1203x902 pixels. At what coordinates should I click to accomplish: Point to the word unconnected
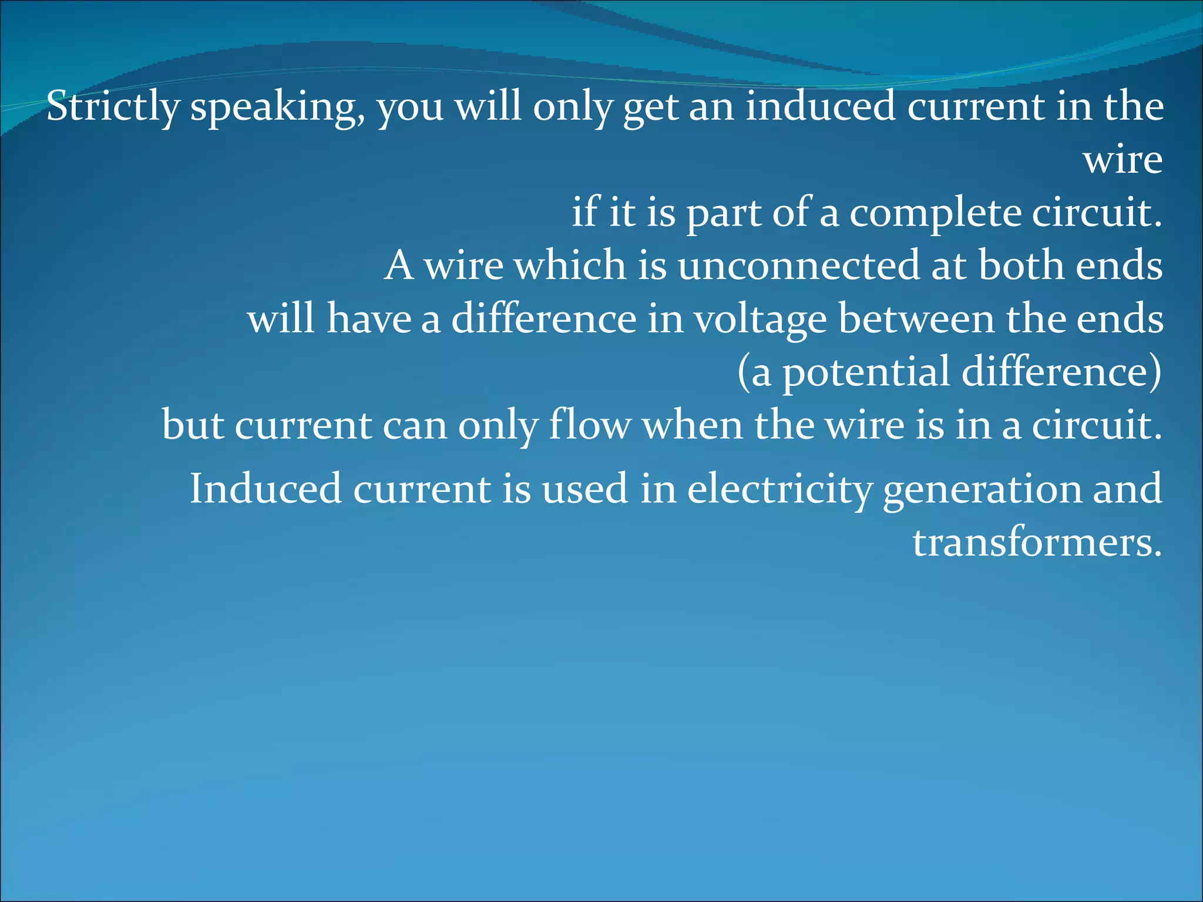tap(798, 265)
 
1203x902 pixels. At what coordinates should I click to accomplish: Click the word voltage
tap(760, 321)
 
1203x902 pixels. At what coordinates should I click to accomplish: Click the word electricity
tap(779, 489)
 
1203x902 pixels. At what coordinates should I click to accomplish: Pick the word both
tap(1021, 265)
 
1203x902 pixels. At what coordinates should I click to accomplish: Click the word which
tap(570, 265)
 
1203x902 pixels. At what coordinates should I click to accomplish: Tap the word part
tap(723, 214)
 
